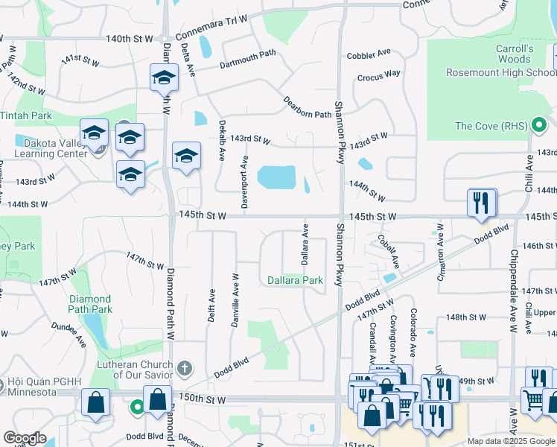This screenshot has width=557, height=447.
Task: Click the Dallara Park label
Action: point(296,280)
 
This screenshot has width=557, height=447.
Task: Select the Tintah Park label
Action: point(26,116)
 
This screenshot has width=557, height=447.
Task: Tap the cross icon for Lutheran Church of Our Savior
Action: point(185,368)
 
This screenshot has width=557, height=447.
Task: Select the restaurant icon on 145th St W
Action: point(482,201)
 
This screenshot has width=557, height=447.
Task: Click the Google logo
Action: point(25,438)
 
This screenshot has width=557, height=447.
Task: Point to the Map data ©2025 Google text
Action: point(510,441)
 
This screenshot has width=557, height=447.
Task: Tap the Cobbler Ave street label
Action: point(369,54)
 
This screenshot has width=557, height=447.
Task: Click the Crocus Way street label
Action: point(378,75)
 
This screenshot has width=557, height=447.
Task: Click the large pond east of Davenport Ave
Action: point(275,177)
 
